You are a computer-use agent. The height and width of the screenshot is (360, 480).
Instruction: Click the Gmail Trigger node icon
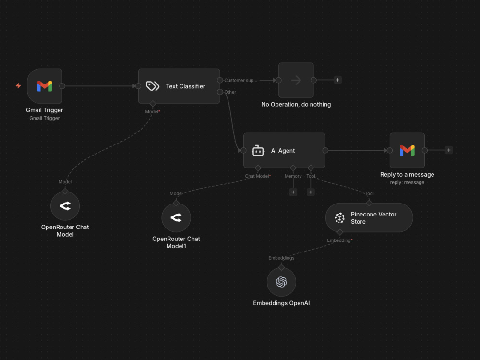pyautogui.click(x=45, y=86)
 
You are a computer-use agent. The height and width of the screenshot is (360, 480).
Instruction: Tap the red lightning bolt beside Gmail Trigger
pyautogui.click(x=18, y=86)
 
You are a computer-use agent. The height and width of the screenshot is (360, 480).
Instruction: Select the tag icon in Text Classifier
pyautogui.click(x=153, y=86)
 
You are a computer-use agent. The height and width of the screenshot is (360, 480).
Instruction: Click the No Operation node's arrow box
pyautogui.click(x=296, y=80)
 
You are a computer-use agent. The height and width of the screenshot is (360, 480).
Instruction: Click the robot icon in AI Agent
pyautogui.click(x=258, y=150)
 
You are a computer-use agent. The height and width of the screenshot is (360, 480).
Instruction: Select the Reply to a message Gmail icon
pyautogui.click(x=407, y=150)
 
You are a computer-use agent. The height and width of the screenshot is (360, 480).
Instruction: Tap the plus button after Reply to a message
pyautogui.click(x=449, y=150)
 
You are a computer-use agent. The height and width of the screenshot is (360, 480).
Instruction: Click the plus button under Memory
pyautogui.click(x=293, y=192)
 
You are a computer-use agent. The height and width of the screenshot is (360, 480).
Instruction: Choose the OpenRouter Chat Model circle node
pyautogui.click(x=65, y=206)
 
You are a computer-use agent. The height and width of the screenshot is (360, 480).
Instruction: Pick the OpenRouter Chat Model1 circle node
pyautogui.click(x=176, y=217)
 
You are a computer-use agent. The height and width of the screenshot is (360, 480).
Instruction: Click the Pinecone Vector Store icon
pyautogui.click(x=339, y=217)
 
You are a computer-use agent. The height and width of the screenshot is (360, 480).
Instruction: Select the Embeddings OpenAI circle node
pyautogui.click(x=281, y=282)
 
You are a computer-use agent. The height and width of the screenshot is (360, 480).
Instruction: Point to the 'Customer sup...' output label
pyautogui.click(x=240, y=80)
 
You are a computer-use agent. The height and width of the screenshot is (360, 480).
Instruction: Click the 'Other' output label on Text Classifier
pyautogui.click(x=230, y=92)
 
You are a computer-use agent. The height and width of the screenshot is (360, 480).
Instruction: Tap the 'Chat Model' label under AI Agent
pyautogui.click(x=257, y=176)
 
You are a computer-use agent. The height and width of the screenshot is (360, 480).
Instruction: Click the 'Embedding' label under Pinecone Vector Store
pyautogui.click(x=338, y=240)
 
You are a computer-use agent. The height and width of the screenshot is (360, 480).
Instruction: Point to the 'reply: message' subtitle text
pyautogui.click(x=407, y=182)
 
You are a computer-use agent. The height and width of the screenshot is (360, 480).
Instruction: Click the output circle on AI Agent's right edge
pyautogui.click(x=325, y=150)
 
